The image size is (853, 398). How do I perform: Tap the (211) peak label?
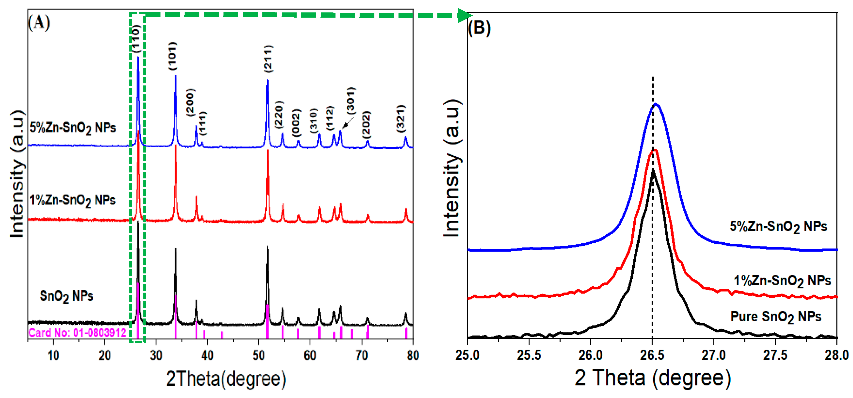click(269, 59)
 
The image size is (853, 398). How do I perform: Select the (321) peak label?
click(401, 118)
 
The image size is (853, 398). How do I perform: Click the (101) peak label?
click(172, 56)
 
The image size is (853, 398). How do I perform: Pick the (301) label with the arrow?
click(351, 100)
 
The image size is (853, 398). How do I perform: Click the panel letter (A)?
click(39, 23)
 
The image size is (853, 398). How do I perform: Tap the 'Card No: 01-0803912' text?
click(78, 332)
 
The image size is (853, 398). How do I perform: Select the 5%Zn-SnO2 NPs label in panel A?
click(73, 127)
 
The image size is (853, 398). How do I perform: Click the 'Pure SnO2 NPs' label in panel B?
click(776, 317)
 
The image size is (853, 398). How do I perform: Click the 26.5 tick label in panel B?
click(652, 355)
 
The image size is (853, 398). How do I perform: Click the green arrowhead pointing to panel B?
click(465, 16)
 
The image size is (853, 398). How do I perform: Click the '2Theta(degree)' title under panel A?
click(226, 379)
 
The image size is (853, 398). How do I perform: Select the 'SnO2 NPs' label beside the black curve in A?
click(66, 296)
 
